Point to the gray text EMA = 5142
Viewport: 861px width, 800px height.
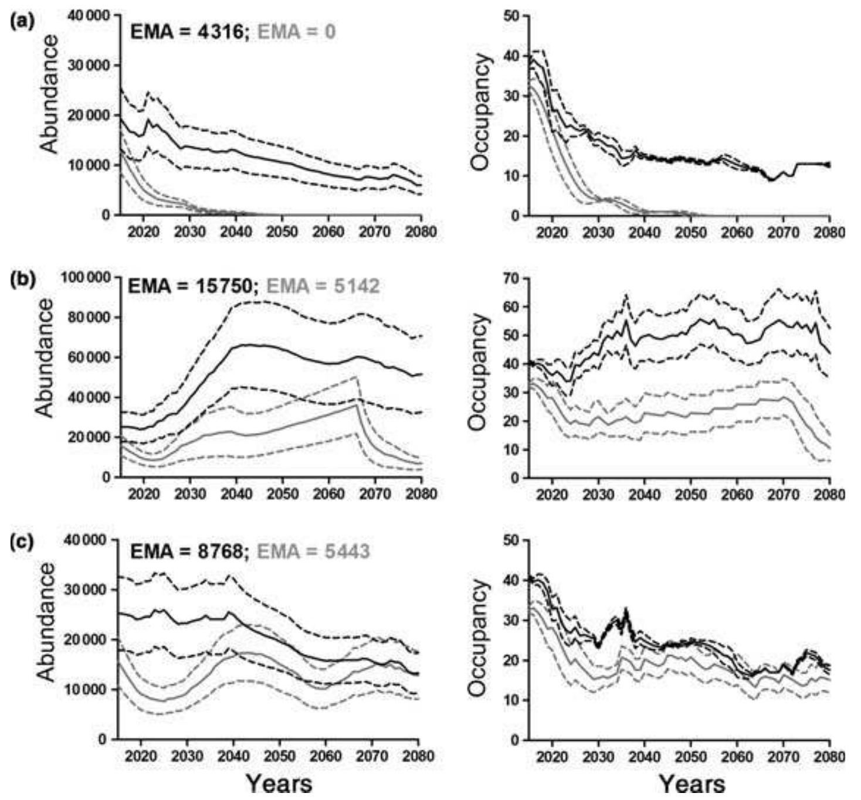(323, 286)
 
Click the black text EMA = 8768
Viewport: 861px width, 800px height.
(187, 551)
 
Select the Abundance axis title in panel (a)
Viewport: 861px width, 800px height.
(50, 94)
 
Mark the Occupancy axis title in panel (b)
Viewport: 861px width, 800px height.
(480, 363)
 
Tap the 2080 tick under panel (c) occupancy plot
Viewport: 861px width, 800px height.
(829, 756)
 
